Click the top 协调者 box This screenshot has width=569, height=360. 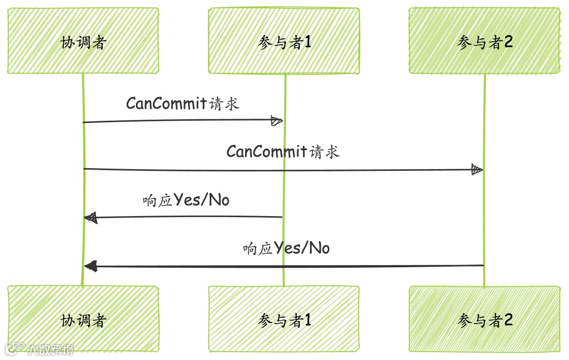(83, 41)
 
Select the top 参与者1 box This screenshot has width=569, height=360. (284, 41)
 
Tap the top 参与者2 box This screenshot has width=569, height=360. (485, 41)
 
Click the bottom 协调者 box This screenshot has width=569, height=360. (83, 319)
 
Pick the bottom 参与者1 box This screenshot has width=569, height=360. (284, 319)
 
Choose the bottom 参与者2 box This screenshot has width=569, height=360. (485, 319)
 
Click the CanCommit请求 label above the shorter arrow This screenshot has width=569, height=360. (182, 103)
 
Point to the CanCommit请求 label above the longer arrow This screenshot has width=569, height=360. (283, 152)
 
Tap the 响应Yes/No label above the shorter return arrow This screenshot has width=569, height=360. (186, 200)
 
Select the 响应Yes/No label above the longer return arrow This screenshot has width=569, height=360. (286, 248)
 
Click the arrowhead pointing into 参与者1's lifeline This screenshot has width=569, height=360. (277, 121)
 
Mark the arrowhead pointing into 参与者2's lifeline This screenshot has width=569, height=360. (477, 170)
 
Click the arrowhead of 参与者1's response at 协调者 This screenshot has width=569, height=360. (91, 217)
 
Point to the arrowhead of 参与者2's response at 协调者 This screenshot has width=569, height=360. (91, 266)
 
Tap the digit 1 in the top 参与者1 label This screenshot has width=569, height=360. (308, 42)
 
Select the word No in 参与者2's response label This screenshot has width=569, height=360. (319, 248)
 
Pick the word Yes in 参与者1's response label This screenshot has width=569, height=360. (186, 200)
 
